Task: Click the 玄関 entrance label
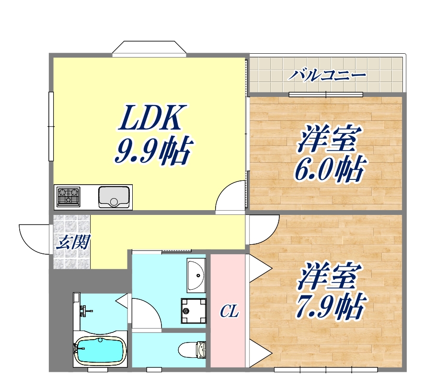click(72, 242)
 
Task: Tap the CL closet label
click(229, 311)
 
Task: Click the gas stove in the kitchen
click(69, 196)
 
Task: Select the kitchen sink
click(114, 196)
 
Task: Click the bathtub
click(100, 351)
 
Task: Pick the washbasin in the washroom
click(196, 275)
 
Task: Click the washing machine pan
click(194, 310)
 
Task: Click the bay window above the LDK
click(149, 49)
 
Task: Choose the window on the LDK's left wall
click(51, 126)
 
